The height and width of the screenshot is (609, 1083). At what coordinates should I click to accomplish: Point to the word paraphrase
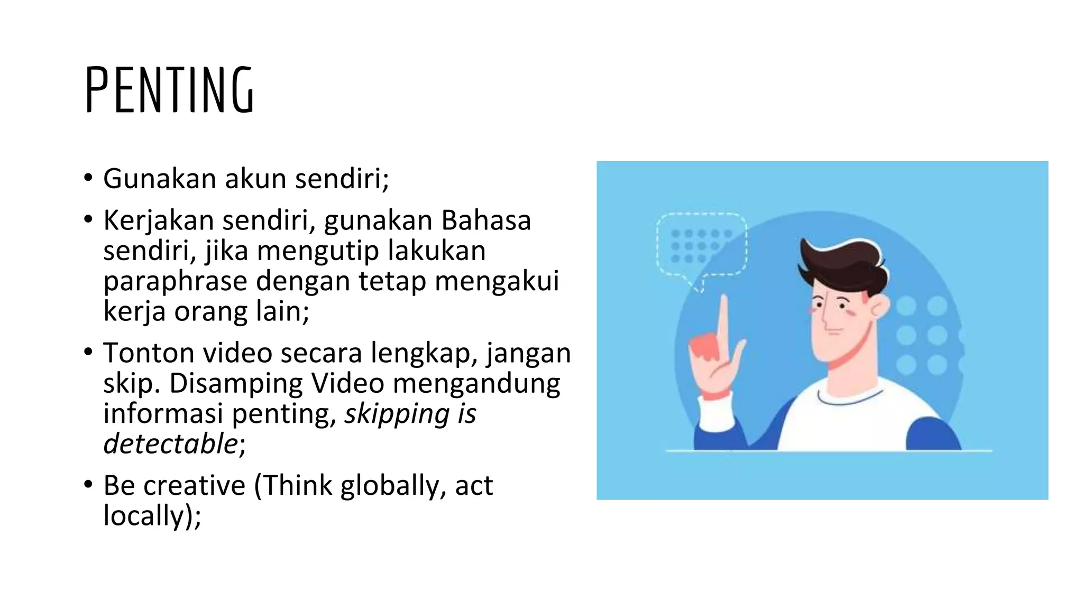point(175,281)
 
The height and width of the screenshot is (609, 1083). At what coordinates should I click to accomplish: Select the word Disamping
point(236,383)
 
